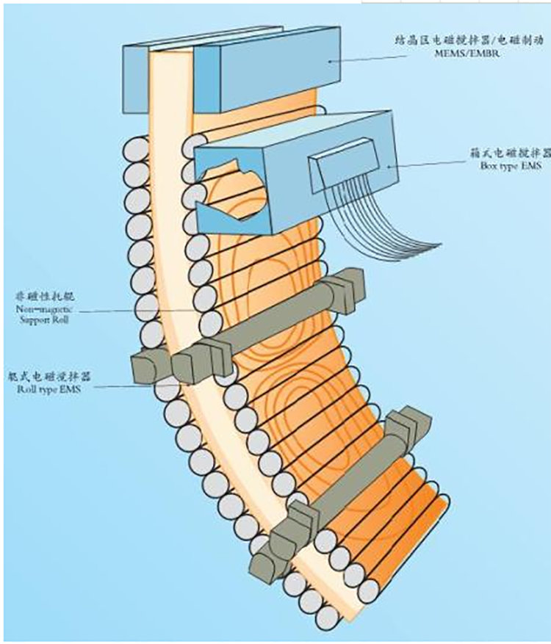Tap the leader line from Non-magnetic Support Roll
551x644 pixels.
(x=132, y=311)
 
